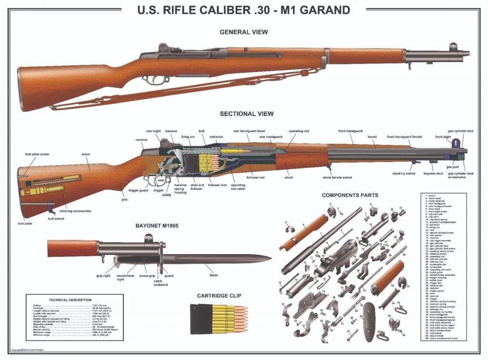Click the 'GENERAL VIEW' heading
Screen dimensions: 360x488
(x=244, y=32)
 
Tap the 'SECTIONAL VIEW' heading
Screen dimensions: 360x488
(x=246, y=114)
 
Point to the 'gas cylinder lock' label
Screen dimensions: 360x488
(x=460, y=131)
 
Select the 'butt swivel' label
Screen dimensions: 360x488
(x=56, y=219)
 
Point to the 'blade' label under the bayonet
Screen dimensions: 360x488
(x=213, y=275)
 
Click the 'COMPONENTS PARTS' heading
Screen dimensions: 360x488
(x=350, y=195)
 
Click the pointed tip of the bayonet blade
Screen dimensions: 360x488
(x=271, y=259)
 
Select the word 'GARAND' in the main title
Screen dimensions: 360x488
(x=324, y=10)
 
